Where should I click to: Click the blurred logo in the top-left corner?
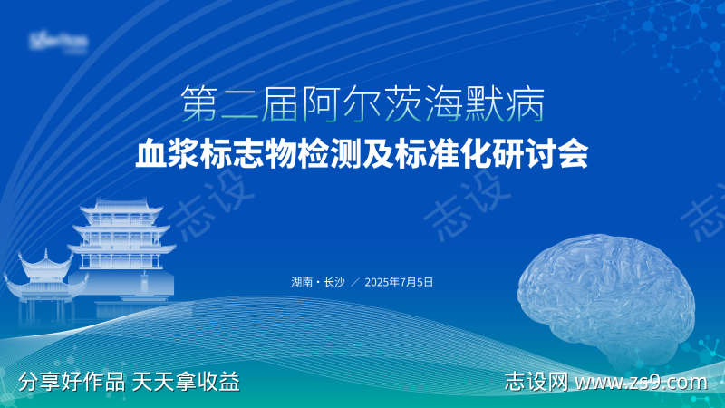click(x=58, y=41)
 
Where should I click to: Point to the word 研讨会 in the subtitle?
click(x=553, y=153)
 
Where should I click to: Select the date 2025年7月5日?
click(x=399, y=282)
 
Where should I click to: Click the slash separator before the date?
click(x=354, y=282)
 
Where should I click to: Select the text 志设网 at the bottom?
click(x=536, y=383)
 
